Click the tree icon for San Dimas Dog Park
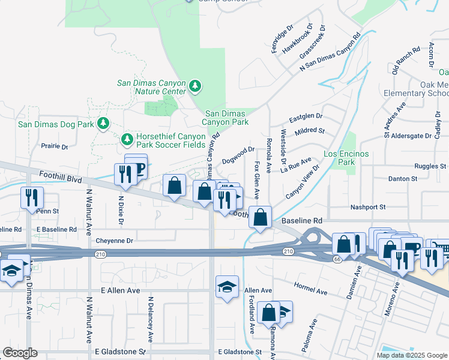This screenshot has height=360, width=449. [104, 124]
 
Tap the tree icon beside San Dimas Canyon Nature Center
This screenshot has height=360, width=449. [195, 87]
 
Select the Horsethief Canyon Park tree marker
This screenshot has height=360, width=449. [127, 140]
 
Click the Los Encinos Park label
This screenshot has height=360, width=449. [347, 158]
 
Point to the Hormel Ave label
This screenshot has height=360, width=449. [310, 289]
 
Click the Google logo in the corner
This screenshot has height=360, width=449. [20, 353]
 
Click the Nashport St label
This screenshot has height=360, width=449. [368, 207]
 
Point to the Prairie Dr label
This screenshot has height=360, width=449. [55, 146]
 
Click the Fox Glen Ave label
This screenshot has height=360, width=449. [257, 181]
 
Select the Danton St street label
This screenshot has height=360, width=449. [402, 179]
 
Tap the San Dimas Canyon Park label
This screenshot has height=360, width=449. [226, 117]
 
